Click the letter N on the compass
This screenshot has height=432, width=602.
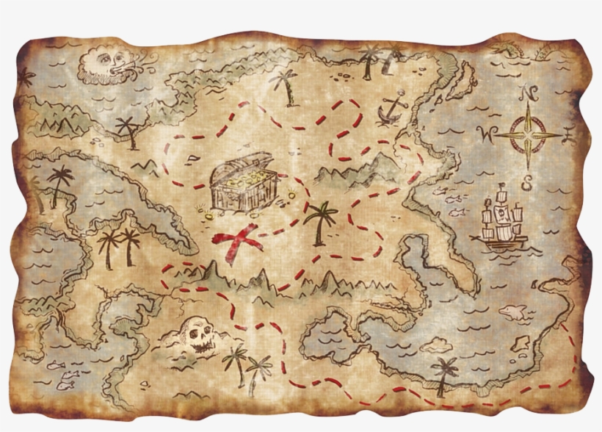[526, 93]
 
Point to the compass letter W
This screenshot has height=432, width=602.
[485, 134]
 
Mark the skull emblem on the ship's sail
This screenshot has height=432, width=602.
[502, 215]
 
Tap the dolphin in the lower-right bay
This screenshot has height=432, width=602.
[513, 314]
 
